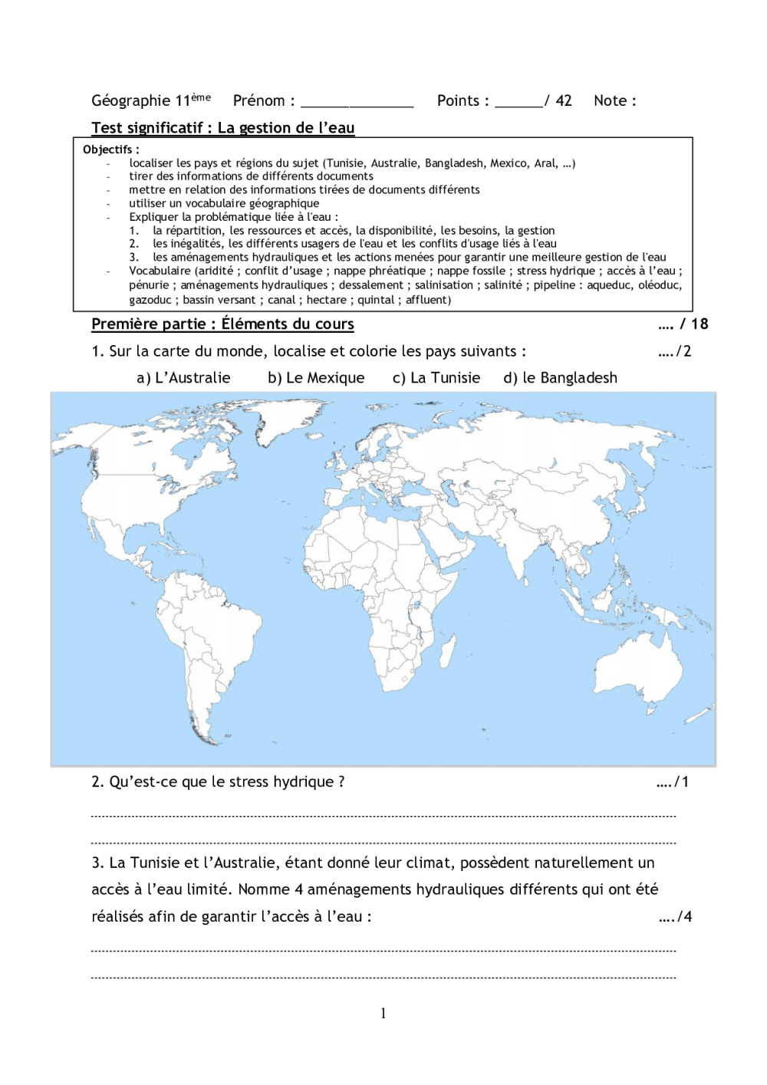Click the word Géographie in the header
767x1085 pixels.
pyautogui.click(x=130, y=100)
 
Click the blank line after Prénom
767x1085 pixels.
pyautogui.click(x=357, y=104)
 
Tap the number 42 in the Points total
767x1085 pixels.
pyautogui.click(x=564, y=100)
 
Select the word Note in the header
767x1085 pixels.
pyautogui.click(x=610, y=100)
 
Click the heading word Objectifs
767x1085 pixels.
pyautogui.click(x=108, y=150)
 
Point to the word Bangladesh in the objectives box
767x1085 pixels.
pyautogui.click(x=454, y=163)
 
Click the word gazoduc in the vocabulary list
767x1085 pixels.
pyautogui.click(x=150, y=300)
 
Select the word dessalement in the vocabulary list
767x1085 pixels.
pyautogui.click(x=371, y=285)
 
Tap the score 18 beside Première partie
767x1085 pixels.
pyautogui.click(x=700, y=324)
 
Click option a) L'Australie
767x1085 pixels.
pyautogui.click(x=183, y=378)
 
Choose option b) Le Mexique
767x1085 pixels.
pyautogui.click(x=316, y=378)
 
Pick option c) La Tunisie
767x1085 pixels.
pyautogui.click(x=436, y=378)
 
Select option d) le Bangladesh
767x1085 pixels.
pyautogui.click(x=560, y=378)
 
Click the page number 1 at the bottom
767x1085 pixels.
pyautogui.click(x=383, y=1014)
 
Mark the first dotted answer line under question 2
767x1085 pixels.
pyautogui.click(x=383, y=817)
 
